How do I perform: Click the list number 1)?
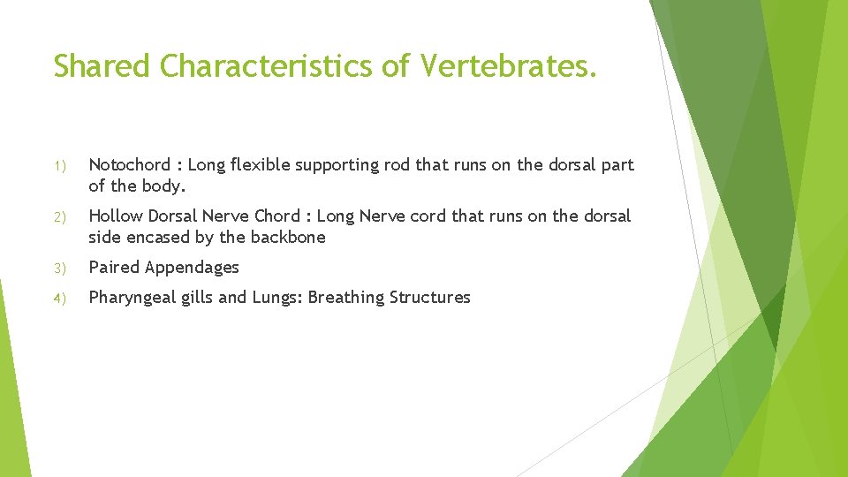[59, 166]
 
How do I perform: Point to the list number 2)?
[59, 217]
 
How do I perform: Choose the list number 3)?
[59, 269]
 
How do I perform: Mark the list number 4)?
[59, 299]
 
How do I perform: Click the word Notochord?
[129, 165]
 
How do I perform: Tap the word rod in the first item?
[398, 165]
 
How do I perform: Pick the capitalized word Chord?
[277, 216]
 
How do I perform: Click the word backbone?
[288, 238]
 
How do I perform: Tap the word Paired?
[114, 268]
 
